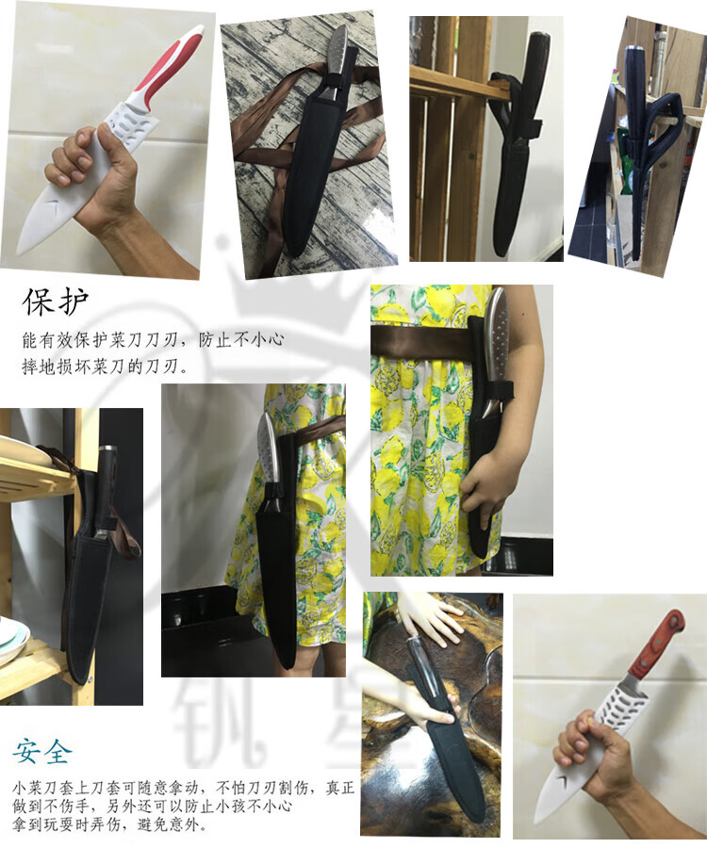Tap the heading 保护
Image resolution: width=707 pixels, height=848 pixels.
(x=56, y=302)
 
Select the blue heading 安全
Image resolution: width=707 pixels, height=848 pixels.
(x=41, y=751)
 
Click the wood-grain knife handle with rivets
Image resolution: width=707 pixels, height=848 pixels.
(x=658, y=645)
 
